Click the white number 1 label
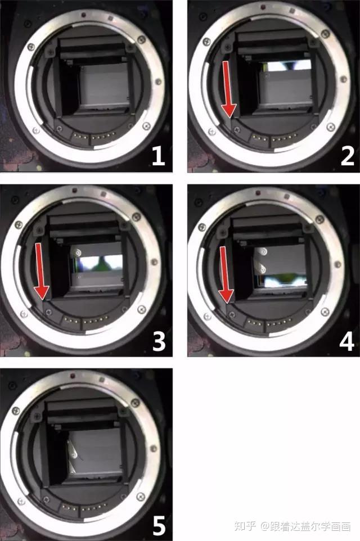(158, 156)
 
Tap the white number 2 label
(347, 156)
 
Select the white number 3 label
(159, 341)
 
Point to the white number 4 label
(347, 341)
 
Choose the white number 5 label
(159, 526)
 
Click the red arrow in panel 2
(228, 89)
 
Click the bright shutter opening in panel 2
(289, 65)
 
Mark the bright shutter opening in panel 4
(283, 281)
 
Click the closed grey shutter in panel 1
(104, 86)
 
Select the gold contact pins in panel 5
(85, 508)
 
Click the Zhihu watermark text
(292, 526)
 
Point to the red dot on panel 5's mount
(73, 375)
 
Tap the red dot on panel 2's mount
(263, 7)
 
